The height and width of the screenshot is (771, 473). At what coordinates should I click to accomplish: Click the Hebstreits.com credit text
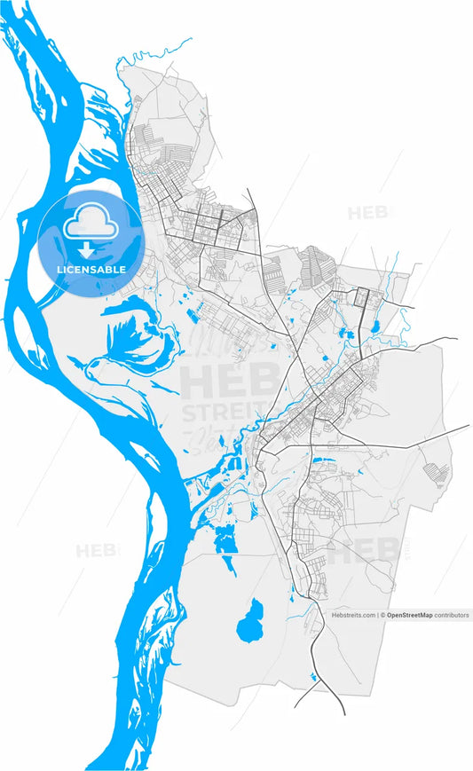click(354, 614)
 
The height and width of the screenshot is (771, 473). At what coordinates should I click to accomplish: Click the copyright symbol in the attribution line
click(383, 614)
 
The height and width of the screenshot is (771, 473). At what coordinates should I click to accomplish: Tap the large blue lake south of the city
click(251, 620)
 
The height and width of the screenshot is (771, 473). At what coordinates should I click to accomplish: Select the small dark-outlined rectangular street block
click(361, 298)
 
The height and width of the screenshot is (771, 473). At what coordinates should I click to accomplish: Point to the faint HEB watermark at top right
click(366, 213)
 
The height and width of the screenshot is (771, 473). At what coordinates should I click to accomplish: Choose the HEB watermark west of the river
click(95, 550)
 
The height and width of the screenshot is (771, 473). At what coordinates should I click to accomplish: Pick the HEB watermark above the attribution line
click(364, 552)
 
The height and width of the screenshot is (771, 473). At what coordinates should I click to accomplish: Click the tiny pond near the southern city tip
click(313, 677)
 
